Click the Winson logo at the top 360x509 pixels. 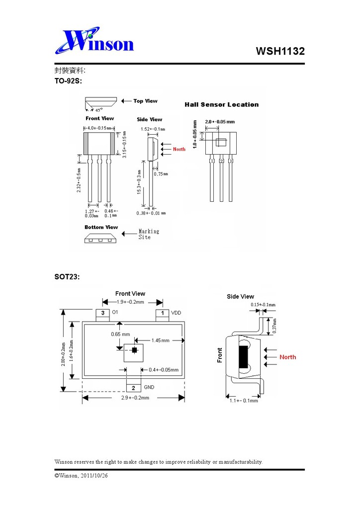tap(94, 42)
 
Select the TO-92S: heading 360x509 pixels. tap(68, 81)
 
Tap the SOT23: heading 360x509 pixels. tap(67, 276)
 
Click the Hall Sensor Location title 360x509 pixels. tap(221, 104)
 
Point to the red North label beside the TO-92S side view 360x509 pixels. tap(179, 149)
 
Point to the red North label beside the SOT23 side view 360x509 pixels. tap(287, 357)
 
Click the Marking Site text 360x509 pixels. tap(149, 234)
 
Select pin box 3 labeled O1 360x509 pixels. tap(102, 313)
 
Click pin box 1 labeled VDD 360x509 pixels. tap(163, 313)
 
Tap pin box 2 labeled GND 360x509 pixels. tap(133, 387)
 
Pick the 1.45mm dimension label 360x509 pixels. tap(160, 340)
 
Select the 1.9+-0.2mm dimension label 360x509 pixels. tap(130, 302)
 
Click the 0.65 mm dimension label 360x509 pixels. tap(120, 334)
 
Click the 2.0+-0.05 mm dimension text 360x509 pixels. tap(220, 121)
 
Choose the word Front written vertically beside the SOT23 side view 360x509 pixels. tap(220, 355)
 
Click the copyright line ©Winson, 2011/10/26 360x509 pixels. tap(81, 476)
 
